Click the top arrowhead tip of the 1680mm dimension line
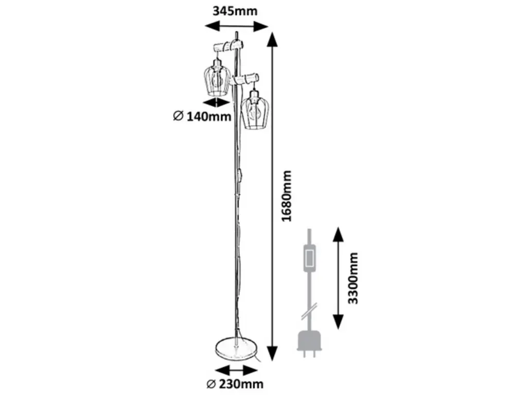coord(273,32)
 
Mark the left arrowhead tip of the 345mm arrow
coord(205,26)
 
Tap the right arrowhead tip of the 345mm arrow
coord(269,26)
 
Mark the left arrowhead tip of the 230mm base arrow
coord(215,371)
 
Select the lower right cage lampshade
coord(255,109)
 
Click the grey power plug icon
coord(309,343)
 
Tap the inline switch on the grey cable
coord(309,258)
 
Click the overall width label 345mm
coord(235,11)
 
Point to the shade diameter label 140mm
coord(202,117)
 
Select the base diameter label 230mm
coord(235,384)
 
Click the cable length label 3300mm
coord(353,278)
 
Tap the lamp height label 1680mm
coord(286,196)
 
